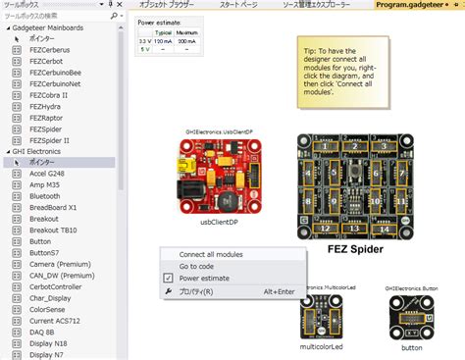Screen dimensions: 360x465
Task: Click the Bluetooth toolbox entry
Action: tap(46, 196)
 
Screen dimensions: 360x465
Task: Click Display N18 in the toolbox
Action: tap(50, 343)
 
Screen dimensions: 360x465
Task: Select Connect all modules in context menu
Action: tap(211, 255)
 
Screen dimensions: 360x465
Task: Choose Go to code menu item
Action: tap(197, 267)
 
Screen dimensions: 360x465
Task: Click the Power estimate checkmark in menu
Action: tap(169, 279)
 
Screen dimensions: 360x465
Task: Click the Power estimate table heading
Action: tap(158, 22)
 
